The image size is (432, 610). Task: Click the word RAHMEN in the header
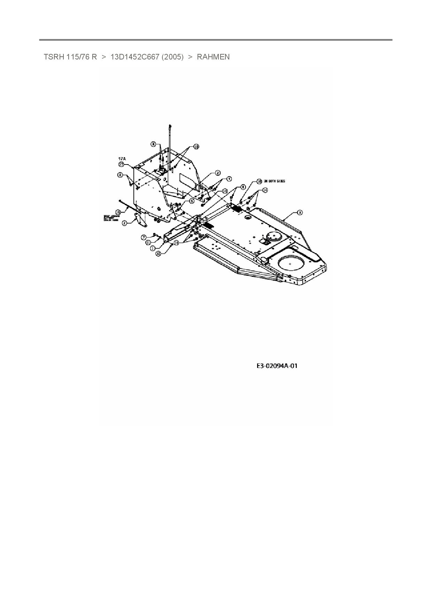pos(213,57)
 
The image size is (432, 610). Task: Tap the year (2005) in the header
pos(172,57)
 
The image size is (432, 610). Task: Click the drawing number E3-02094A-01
pos(277,366)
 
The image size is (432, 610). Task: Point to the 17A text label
pos(122,159)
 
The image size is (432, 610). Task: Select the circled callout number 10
pos(196,147)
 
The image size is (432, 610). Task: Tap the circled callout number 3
pos(300,212)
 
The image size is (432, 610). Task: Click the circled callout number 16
pos(259,182)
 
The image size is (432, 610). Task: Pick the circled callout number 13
pos(225,191)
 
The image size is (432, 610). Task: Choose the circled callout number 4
pos(229,179)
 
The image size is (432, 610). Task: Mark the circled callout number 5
pos(192,201)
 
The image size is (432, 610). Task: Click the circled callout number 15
pos(118,212)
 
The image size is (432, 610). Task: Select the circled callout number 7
pos(143,237)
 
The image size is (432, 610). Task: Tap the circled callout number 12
pos(158,254)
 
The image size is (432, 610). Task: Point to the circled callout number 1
pos(152,248)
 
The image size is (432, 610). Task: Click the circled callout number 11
pos(148,242)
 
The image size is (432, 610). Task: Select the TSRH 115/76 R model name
pos(70,57)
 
